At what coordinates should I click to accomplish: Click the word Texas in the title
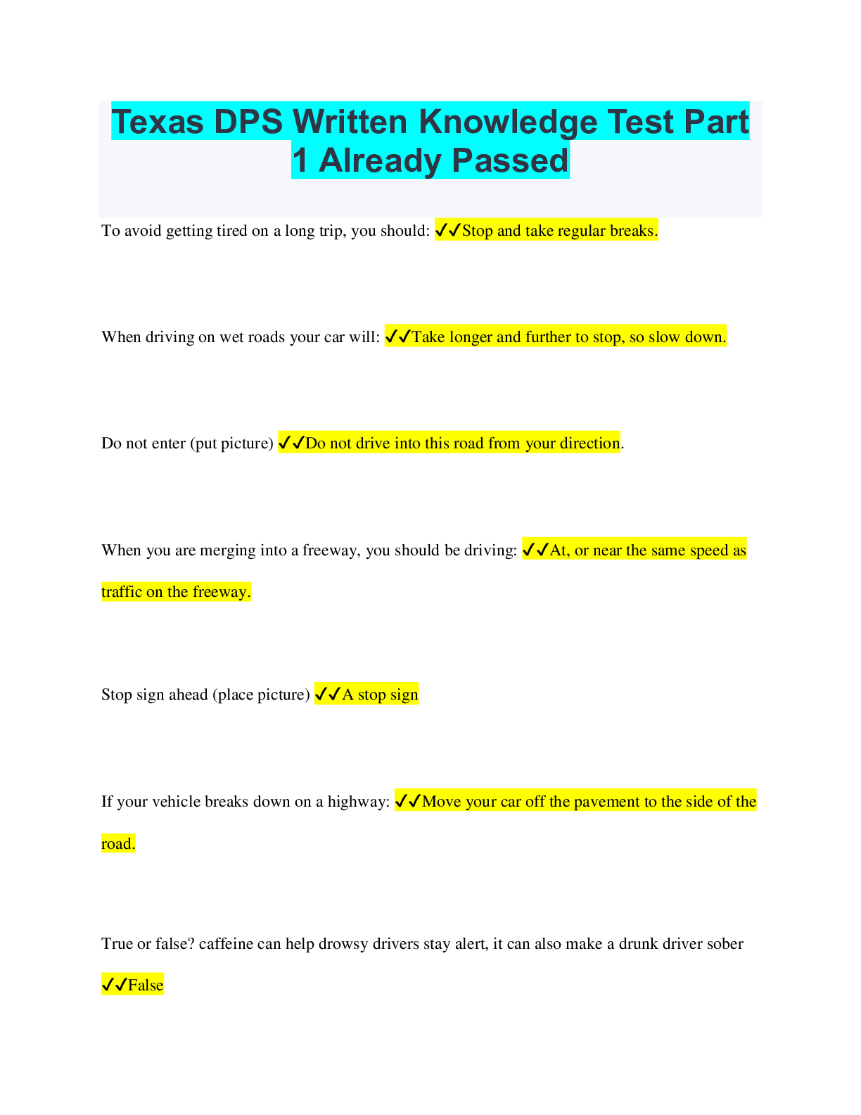(157, 122)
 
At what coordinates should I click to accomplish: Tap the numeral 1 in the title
(300, 160)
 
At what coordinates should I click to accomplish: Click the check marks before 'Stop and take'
(447, 231)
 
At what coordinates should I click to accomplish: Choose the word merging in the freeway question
(227, 550)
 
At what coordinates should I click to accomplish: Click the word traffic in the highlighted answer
(122, 592)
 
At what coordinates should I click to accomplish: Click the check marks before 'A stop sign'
(327, 695)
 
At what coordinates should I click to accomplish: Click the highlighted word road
(117, 844)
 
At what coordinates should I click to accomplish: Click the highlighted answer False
(146, 985)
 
